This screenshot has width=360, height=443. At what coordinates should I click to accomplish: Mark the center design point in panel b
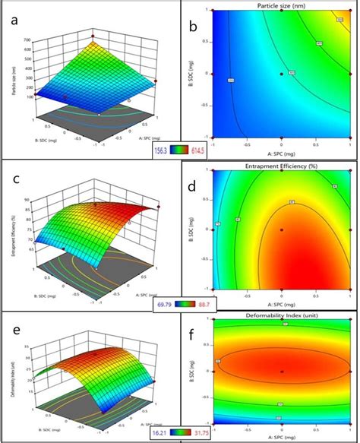(281, 73)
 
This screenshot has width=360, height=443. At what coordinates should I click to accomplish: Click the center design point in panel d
(281, 232)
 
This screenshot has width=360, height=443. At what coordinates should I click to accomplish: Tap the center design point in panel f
(281, 371)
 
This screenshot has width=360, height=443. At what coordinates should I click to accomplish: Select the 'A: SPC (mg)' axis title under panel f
(281, 438)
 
